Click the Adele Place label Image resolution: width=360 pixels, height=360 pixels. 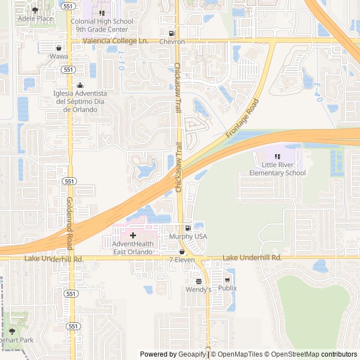coord(35,19)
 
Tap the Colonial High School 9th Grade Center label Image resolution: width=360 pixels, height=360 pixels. coord(102,25)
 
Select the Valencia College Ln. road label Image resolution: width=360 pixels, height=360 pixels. coord(115,41)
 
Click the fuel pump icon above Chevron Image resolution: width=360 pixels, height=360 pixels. coord(172,33)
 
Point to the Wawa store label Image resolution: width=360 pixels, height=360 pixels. coord(58,56)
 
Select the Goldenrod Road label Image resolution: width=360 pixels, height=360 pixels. coord(70,223)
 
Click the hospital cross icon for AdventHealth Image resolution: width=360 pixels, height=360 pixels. coord(133,235)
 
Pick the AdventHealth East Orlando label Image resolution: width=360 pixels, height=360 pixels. coord(133,248)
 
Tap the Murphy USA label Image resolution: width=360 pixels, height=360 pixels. coord(188,237)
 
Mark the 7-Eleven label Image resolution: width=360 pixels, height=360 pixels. coord(182,260)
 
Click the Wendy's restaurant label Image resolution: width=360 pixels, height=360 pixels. coord(199,289)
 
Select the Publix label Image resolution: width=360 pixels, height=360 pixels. coord(227,288)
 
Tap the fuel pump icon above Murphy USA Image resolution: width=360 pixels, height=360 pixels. coord(188,228)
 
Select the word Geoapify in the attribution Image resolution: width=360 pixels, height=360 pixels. coord(191,354)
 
